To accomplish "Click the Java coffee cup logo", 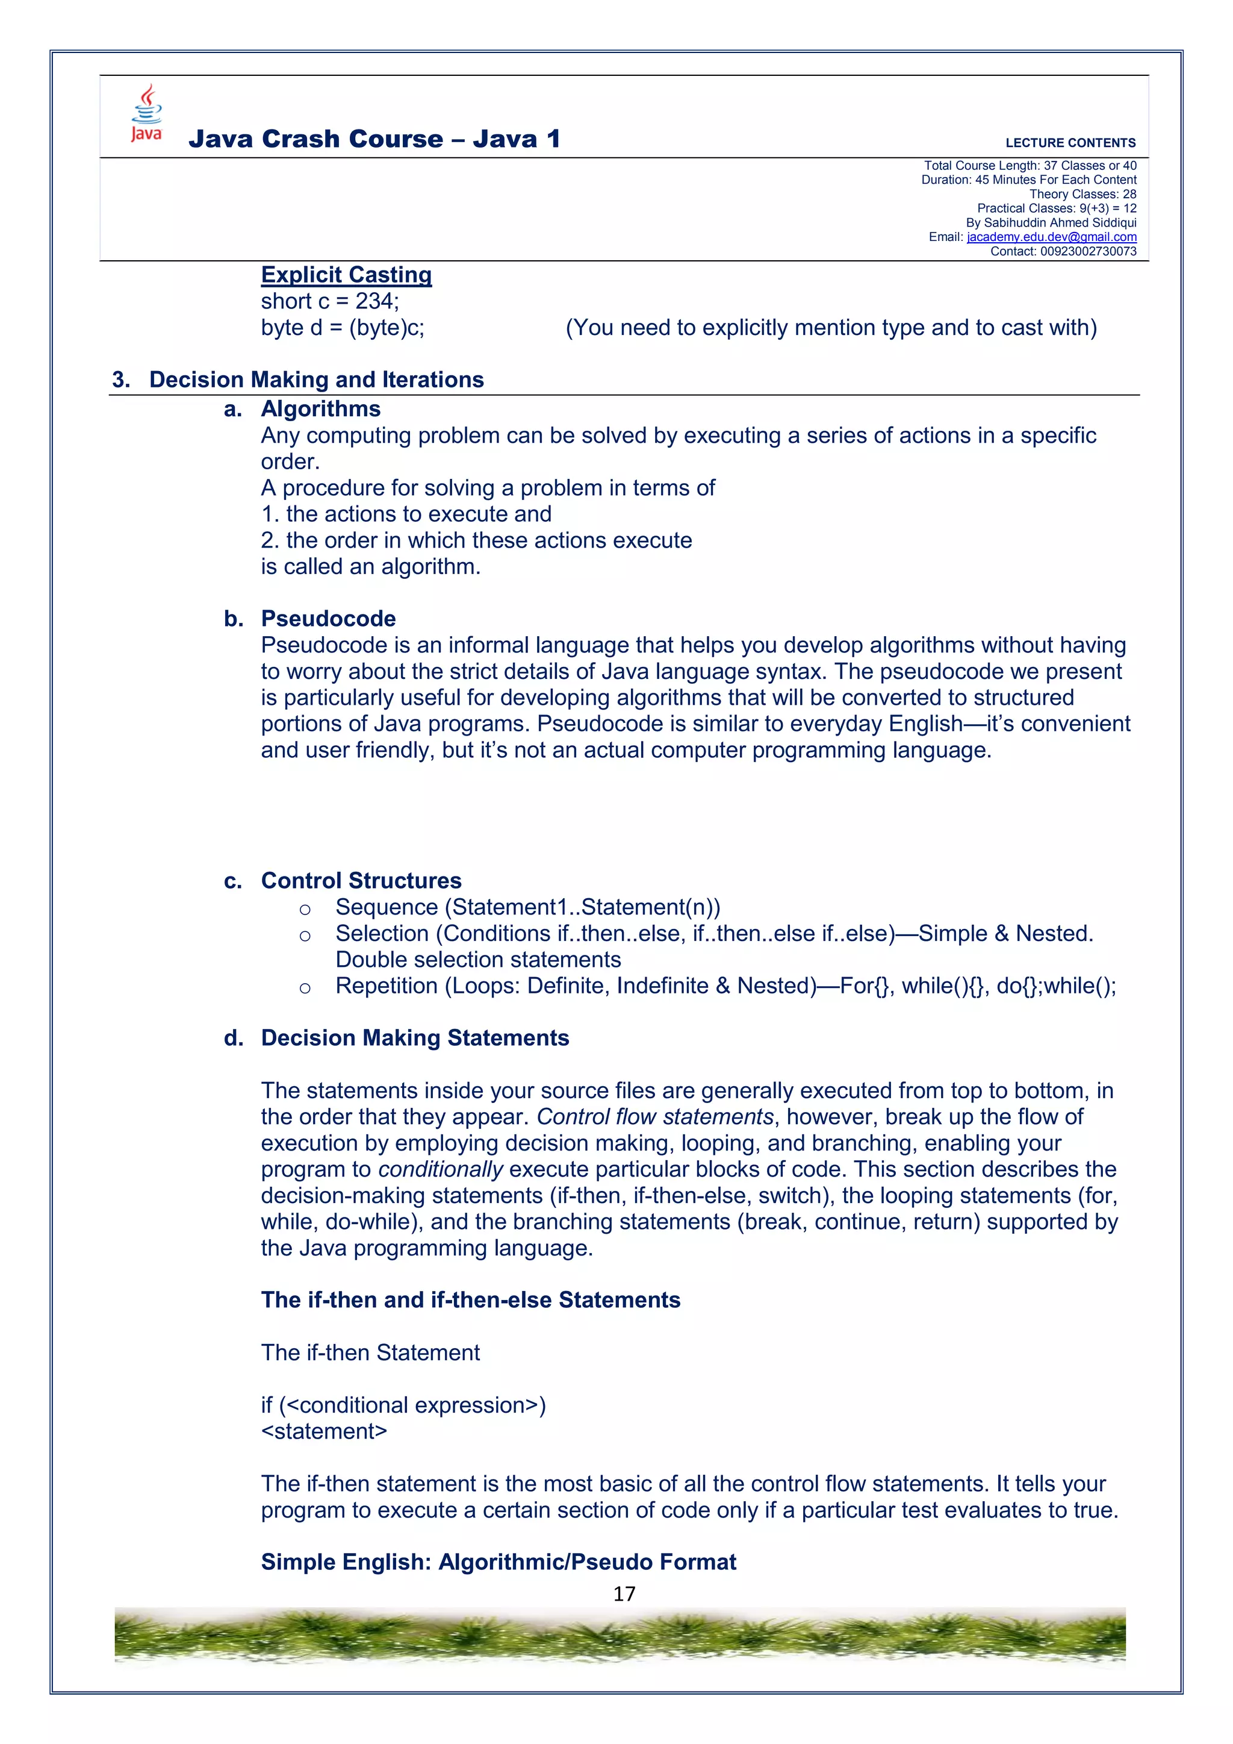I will coord(146,113).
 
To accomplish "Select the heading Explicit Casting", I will coord(346,274).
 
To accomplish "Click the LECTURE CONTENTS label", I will coord(1070,143).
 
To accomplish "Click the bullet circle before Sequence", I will coord(305,909).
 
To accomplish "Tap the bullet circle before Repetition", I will coord(305,988).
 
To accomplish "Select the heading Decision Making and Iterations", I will coord(316,380).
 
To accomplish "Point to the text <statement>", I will coord(323,1432).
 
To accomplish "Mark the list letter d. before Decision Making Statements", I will coord(233,1039).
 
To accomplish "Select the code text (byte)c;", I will coord(387,328).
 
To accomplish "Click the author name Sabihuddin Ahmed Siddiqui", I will coord(1060,222).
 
